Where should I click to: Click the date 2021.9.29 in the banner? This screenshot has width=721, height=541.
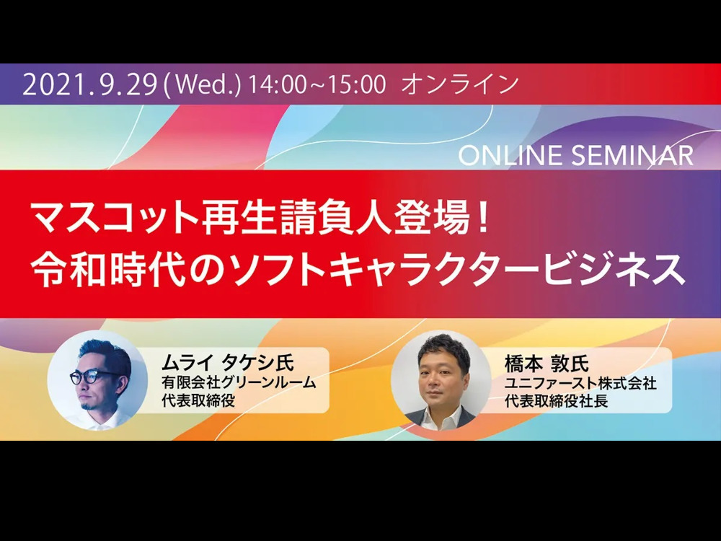[89, 85]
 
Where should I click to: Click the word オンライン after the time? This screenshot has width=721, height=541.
[460, 85]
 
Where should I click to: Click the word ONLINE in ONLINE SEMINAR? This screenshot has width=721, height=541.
[510, 156]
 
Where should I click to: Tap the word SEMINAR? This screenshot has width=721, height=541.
[632, 156]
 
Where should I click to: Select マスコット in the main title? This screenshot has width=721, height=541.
[114, 218]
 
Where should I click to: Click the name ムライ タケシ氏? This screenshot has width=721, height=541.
[227, 363]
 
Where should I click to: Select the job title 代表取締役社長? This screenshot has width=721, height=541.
[557, 400]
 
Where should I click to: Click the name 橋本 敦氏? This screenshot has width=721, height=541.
[547, 364]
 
